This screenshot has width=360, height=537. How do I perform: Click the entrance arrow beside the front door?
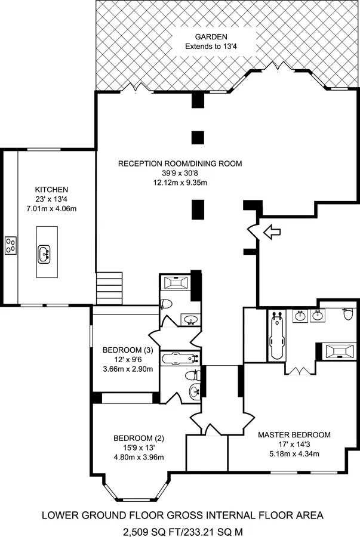pos(272,232)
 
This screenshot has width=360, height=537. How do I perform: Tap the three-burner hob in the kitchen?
pos(11,245)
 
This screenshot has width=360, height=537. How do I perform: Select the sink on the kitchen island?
pos(44,254)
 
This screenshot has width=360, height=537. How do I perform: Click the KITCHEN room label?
pos(51,189)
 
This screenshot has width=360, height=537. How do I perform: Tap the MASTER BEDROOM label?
pos(294,435)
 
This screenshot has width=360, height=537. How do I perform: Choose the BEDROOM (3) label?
pos(128,350)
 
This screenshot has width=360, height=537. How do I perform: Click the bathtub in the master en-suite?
pos(276,335)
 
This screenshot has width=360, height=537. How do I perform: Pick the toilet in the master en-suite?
pos(347,314)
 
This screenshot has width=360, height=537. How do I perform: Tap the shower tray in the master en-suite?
pos(340,351)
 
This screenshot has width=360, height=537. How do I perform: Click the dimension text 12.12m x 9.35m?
pos(180,183)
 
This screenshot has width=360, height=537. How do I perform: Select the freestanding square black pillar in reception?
pos(198,137)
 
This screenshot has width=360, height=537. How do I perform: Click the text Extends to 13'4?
pos(211,46)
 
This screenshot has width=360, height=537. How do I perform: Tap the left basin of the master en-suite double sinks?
pos(300,316)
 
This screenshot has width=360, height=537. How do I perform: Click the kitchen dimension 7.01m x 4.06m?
pos(51,208)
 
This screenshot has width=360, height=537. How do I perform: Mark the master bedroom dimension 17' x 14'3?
pos(294,445)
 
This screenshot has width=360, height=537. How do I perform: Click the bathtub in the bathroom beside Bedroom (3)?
pos(180,358)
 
